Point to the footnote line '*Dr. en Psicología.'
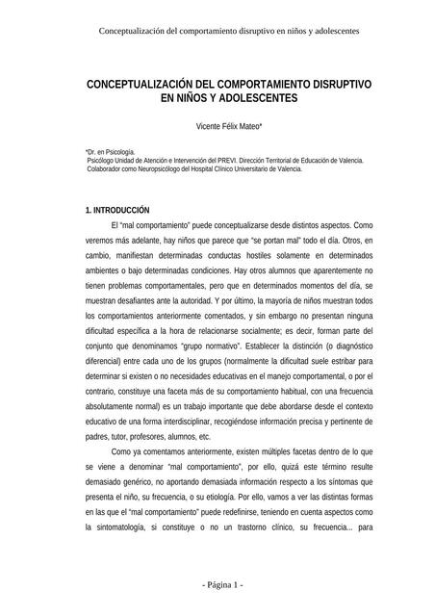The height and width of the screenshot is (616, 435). pyautogui.click(x=111, y=152)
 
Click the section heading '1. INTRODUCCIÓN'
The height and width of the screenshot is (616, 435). pyautogui.click(x=118, y=209)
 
